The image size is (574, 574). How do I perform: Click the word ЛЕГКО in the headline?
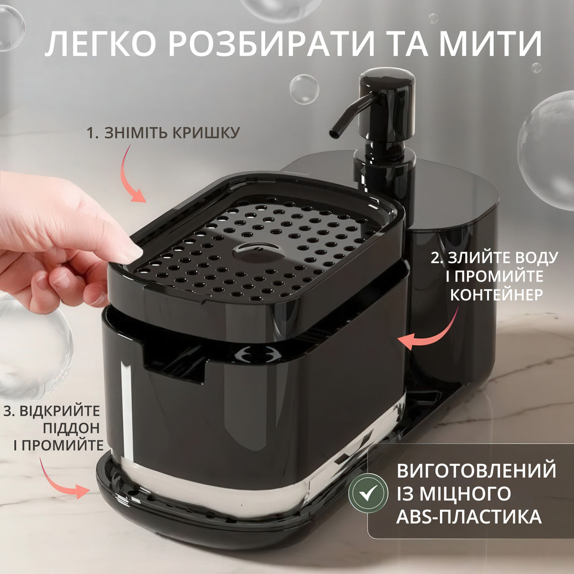tap(101, 44)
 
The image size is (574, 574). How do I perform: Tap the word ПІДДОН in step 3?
tap(71, 428)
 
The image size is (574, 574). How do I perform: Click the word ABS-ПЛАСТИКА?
tap(469, 517)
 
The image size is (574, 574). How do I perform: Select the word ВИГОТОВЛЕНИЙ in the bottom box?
tap(476, 470)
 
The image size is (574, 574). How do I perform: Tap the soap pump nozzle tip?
tap(334, 132)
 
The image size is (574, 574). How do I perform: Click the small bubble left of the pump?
tap(304, 89)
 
